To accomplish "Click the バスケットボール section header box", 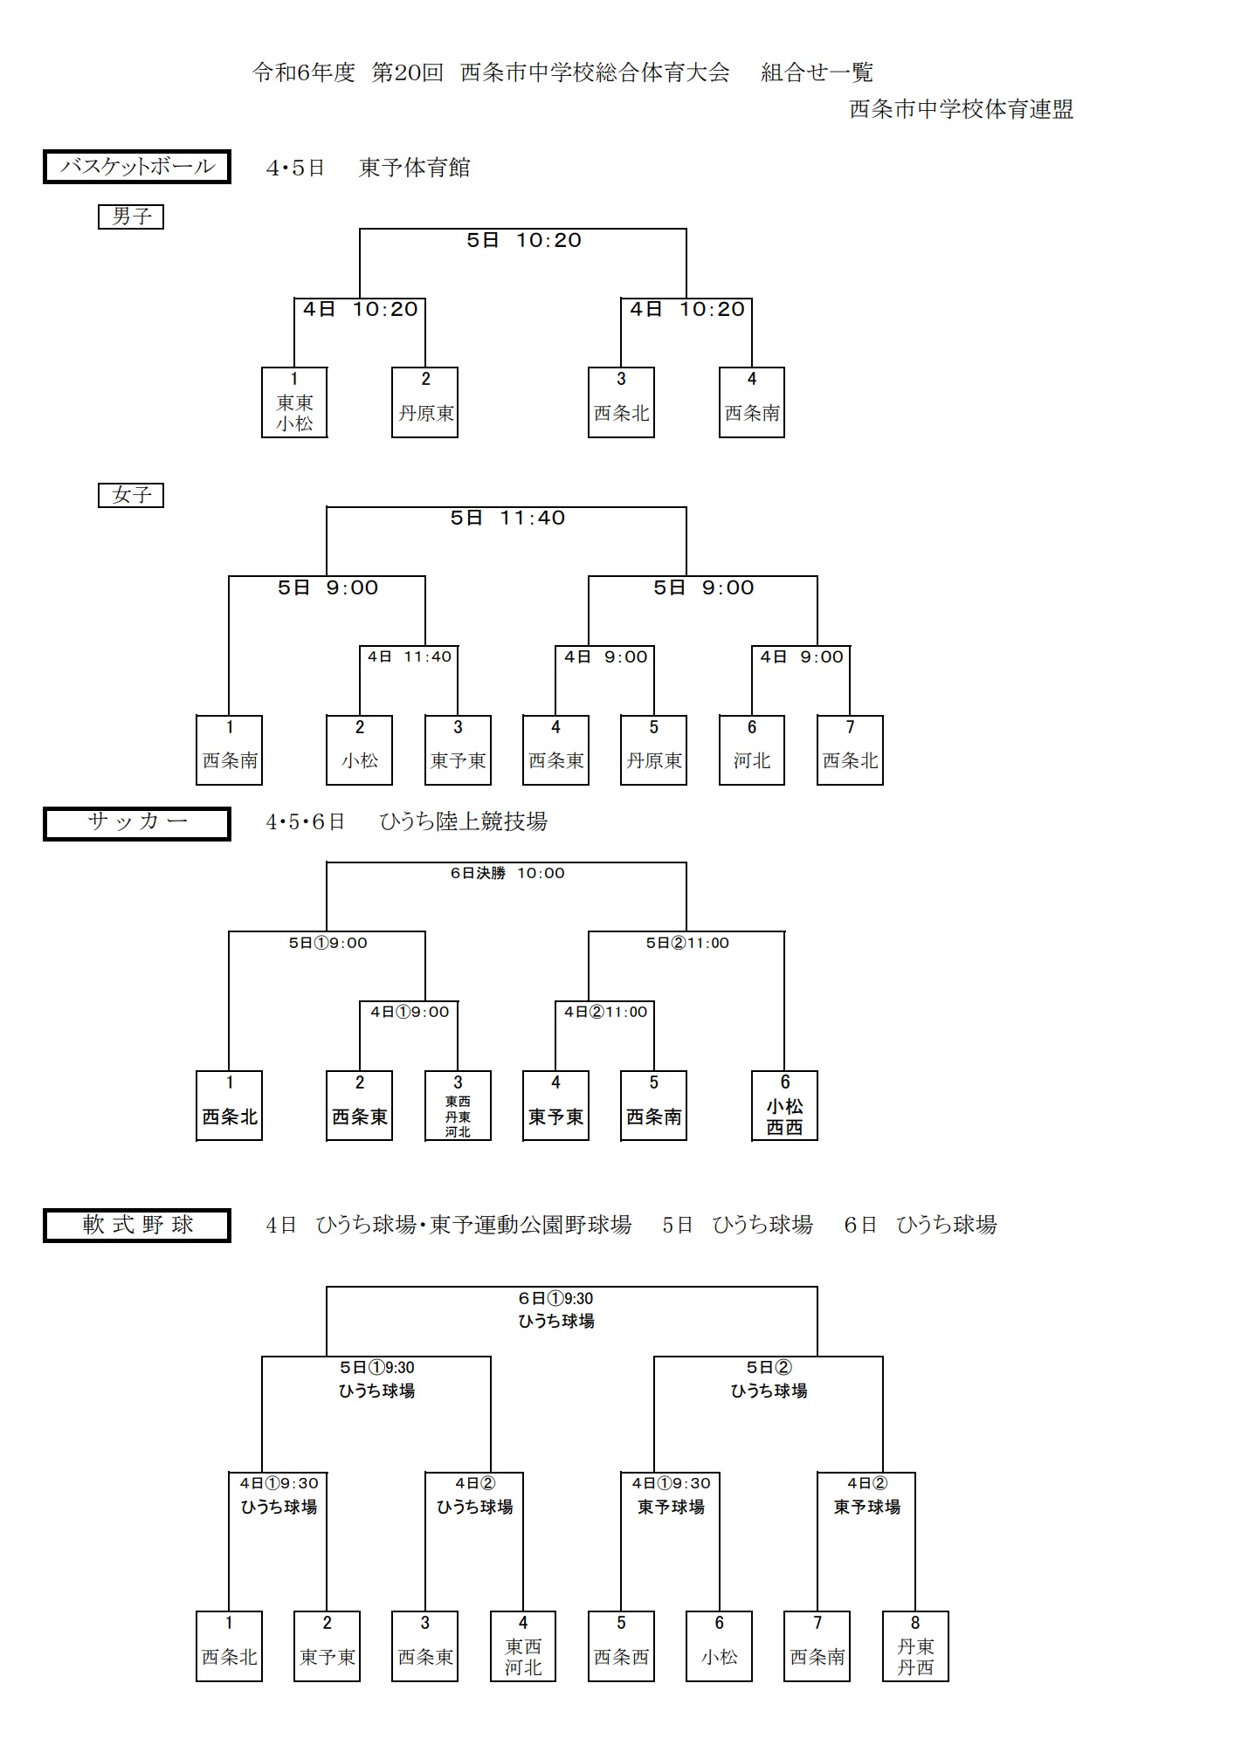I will coord(137,167).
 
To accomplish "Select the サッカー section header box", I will coord(137,823).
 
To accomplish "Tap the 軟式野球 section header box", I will coord(137,1225).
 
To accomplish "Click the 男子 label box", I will coord(131,216).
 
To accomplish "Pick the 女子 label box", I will coord(131,495).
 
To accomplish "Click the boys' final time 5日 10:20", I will coord(523,241).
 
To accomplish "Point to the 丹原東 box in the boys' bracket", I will coord(425,402).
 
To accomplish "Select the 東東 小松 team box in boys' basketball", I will coord(294,402).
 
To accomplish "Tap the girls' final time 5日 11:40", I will coord(507,519).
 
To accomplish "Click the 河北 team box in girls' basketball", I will coord(752,750).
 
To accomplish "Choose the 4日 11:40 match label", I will coord(409,656).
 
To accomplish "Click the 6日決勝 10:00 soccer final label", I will coord(507,873).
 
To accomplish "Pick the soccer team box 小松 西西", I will coord(784,1106).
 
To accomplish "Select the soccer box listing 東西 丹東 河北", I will coord(458,1106).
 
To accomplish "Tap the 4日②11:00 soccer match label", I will coord(605,1012).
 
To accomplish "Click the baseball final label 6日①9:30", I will coord(555,1299).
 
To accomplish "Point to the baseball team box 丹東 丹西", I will coord(915,1646).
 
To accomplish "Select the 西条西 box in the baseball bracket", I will coord(621,1646).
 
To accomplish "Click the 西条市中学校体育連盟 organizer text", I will coord(961,110).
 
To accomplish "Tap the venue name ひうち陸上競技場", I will coord(463,821).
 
